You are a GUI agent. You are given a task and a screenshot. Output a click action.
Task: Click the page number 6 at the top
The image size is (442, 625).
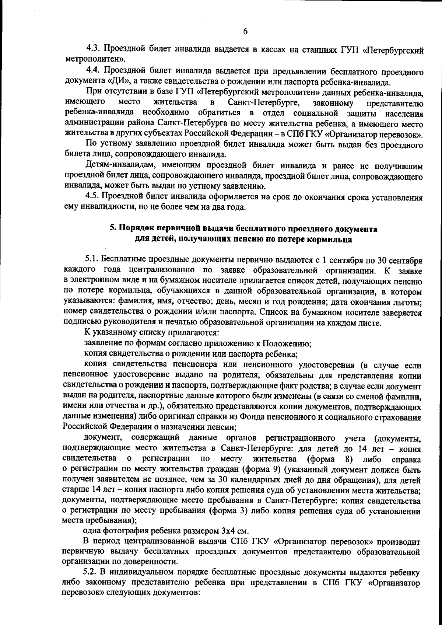245,31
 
